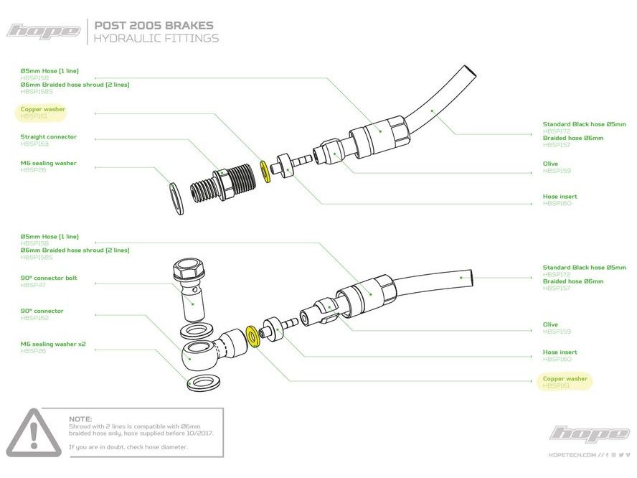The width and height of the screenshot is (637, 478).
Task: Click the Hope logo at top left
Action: [44, 31]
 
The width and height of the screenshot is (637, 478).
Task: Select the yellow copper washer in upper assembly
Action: [265, 171]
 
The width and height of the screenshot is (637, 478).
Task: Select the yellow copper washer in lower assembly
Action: [252, 336]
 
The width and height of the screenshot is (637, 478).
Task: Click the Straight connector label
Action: [48, 136]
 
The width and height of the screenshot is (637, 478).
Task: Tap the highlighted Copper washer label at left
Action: [43, 109]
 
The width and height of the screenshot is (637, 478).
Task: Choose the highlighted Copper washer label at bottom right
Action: [565, 378]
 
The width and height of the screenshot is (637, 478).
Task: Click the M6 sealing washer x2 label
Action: [53, 344]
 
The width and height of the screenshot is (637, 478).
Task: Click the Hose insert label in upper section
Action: [560, 196]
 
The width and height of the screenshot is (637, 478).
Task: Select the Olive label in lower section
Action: [550, 324]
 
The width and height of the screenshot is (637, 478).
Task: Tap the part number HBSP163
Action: [33, 144]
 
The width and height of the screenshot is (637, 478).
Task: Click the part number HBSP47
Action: [32, 285]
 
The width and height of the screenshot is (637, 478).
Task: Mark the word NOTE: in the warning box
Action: [80, 418]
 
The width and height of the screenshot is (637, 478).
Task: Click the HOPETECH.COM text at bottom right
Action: [572, 454]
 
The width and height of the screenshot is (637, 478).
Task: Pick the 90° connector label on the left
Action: [42, 311]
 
